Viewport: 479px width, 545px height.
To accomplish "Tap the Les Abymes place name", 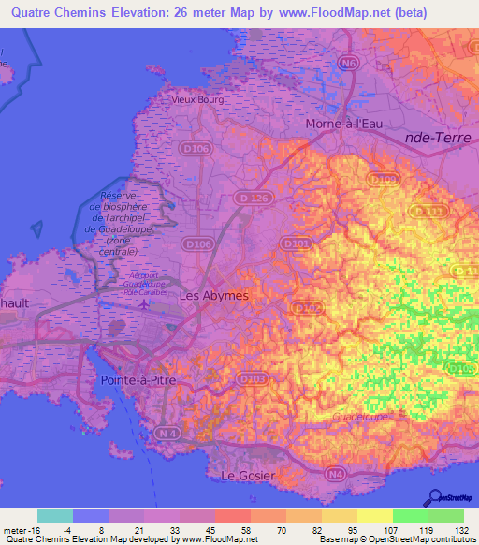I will pos(213,295).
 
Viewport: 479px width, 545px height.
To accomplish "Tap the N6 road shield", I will pos(349,64).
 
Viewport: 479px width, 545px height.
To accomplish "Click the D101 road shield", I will pos(295,243).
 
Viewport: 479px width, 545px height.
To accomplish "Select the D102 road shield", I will pos(306,307).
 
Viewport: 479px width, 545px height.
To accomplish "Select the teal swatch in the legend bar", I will pos(55,516).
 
